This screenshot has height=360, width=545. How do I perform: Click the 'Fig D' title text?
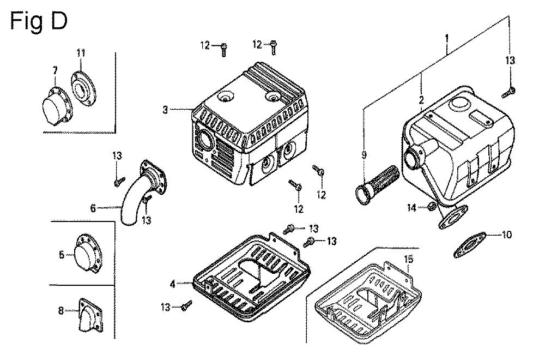pos(38,22)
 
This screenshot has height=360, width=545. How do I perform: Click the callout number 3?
pos(165,110)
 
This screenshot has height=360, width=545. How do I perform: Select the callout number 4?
pos(173,284)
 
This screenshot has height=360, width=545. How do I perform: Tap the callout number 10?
pos(507,235)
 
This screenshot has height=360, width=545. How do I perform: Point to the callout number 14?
pos(412,208)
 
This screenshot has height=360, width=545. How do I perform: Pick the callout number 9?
pos(364,155)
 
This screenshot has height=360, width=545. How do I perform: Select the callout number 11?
pos(81,53)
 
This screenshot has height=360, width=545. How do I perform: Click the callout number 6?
pos(93,208)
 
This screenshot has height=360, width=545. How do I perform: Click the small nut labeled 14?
pos(431,206)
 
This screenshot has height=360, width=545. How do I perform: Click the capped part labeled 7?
pos(56,105)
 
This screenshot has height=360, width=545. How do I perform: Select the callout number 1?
pos(447,38)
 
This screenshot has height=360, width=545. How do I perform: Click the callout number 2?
pos(421,100)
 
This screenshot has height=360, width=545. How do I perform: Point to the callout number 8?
pos(61,310)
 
